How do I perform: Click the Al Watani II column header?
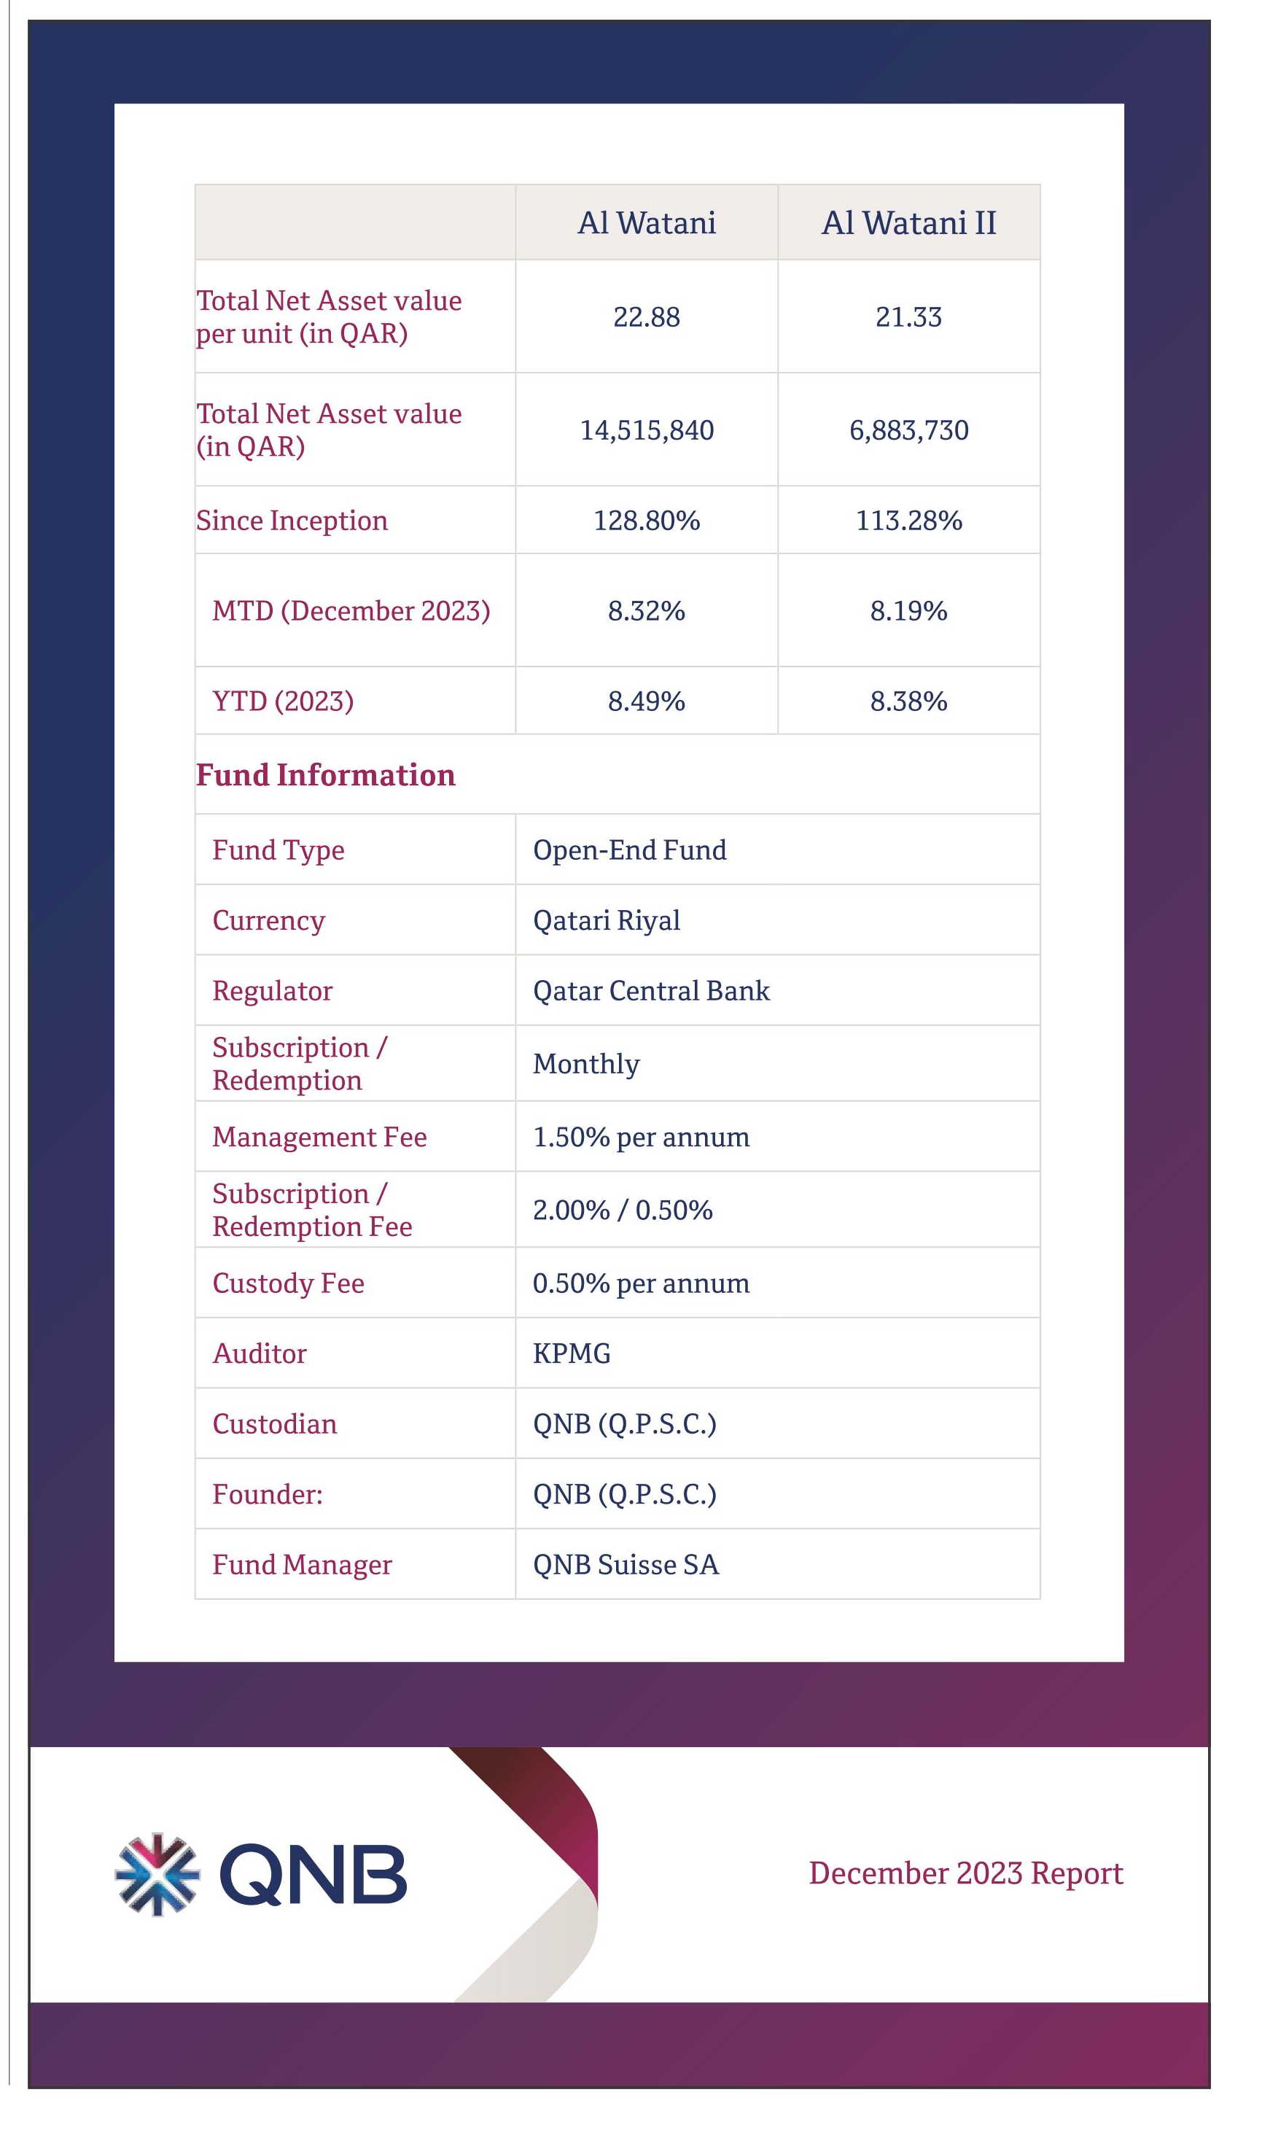pyautogui.click(x=908, y=223)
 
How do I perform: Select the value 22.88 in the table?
pyautogui.click(x=646, y=317)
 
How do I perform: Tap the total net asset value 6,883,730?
pyautogui.click(x=908, y=430)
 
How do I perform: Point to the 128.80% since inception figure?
pyautogui.click(x=646, y=521)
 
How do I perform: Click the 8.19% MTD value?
pyautogui.click(x=908, y=610)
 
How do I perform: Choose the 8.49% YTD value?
pyautogui.click(x=646, y=701)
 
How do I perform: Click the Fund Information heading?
pyautogui.click(x=326, y=774)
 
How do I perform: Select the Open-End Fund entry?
pyautogui.click(x=629, y=850)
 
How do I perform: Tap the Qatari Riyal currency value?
pyautogui.click(x=607, y=920)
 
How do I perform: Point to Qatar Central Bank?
pyautogui.click(x=650, y=990)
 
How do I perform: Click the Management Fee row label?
pyautogui.click(x=320, y=1137)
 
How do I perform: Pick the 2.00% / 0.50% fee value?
pyautogui.click(x=623, y=1210)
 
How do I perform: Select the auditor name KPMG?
pyautogui.click(x=572, y=1353)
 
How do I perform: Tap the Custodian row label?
pyautogui.click(x=275, y=1423)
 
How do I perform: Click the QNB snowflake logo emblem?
pyautogui.click(x=157, y=1875)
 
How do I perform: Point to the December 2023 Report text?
pyautogui.click(x=965, y=1873)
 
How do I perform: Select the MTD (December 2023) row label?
pyautogui.click(x=351, y=610)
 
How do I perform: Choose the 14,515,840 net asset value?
pyautogui.click(x=646, y=430)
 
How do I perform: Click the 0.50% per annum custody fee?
pyautogui.click(x=641, y=1283)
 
